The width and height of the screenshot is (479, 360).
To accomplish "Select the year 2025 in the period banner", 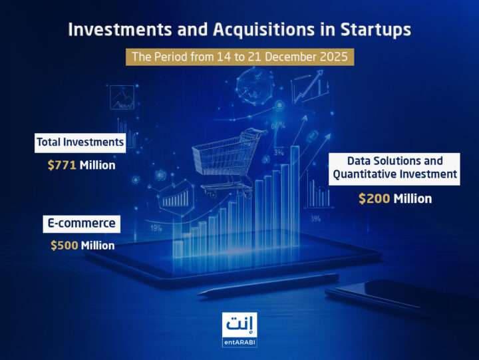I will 331,57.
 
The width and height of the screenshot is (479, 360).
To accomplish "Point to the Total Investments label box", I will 80,142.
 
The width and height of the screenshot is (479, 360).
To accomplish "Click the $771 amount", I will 62,164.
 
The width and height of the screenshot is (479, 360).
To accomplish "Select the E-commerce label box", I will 80,224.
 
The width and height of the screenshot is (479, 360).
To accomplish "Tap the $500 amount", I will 64,246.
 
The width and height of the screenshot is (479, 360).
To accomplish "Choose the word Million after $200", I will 412,198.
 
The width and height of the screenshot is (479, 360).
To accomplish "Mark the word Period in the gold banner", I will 172,57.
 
